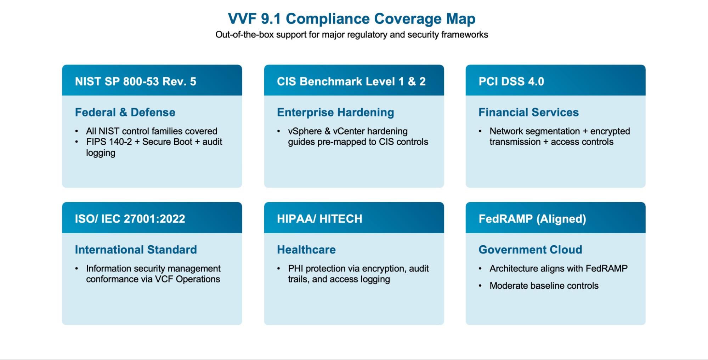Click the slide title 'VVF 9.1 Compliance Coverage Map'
click(351, 19)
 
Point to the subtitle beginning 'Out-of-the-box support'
click(352, 35)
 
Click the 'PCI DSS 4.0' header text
click(511, 81)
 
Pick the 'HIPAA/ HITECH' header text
click(319, 219)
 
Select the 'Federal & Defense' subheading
click(125, 112)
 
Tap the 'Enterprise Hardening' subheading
click(335, 112)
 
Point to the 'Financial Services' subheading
click(528, 112)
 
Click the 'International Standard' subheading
click(136, 250)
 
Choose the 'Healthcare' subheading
click(306, 250)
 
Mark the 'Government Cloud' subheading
click(530, 250)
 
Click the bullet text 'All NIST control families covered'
click(152, 131)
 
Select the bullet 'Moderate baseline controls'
click(544, 286)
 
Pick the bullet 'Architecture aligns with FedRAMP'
click(559, 268)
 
